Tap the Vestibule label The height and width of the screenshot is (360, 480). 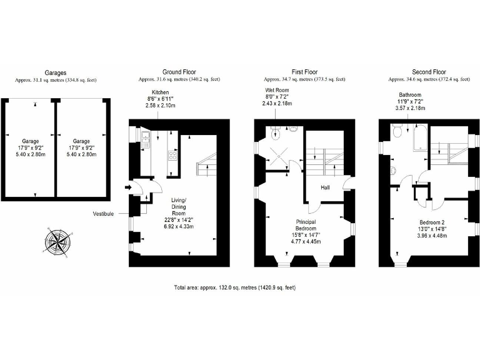(x=103, y=213)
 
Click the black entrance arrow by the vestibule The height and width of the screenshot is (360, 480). (x=128, y=186)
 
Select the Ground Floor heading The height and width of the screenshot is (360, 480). (x=180, y=72)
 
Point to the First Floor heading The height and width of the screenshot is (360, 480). (x=304, y=72)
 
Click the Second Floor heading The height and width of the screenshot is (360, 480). (x=429, y=72)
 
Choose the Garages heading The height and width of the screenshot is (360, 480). (x=56, y=72)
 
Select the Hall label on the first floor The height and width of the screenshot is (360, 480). (x=326, y=187)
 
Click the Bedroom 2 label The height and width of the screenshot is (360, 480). (x=432, y=222)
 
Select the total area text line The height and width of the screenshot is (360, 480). (x=234, y=287)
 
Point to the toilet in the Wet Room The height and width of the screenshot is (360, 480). (x=276, y=132)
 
